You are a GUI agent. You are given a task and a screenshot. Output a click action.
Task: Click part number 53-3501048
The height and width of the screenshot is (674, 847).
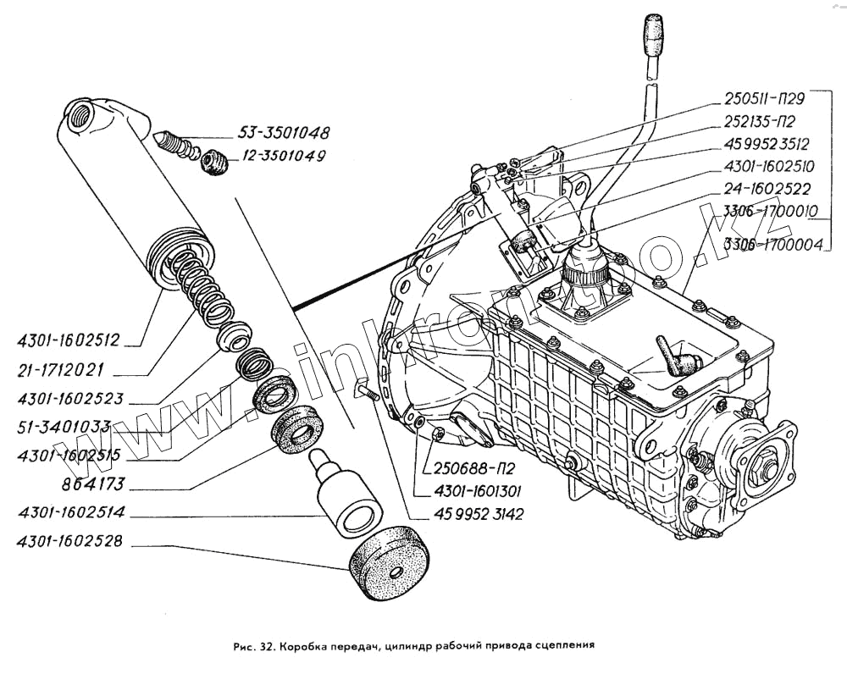(x=284, y=132)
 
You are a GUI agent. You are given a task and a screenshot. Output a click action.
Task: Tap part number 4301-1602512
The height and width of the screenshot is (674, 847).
(x=69, y=341)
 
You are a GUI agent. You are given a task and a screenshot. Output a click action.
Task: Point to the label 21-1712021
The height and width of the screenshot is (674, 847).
(x=60, y=371)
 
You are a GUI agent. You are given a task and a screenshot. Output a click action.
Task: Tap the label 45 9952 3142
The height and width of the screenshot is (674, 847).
(x=479, y=514)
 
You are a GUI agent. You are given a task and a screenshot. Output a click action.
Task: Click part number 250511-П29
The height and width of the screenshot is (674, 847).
(x=764, y=99)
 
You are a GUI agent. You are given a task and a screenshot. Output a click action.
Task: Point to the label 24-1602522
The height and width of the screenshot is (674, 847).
(x=767, y=189)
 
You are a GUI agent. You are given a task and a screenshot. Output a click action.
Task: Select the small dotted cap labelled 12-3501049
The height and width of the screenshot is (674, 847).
(x=215, y=162)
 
